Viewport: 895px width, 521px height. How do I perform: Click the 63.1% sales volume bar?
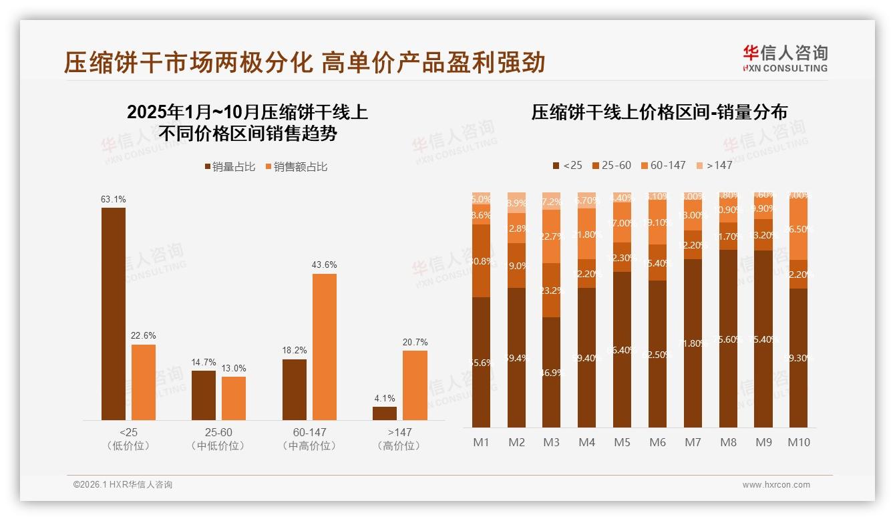(x=114, y=314)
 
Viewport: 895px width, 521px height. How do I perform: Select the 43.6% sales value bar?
(x=324, y=347)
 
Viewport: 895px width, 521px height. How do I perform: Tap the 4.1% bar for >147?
(x=385, y=413)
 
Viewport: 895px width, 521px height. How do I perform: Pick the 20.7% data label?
(x=415, y=342)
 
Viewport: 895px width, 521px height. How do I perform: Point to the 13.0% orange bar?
(x=234, y=398)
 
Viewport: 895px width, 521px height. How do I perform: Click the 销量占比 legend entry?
(x=230, y=167)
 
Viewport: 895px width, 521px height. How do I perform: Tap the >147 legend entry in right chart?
(x=714, y=165)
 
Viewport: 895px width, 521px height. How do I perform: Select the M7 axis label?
(x=693, y=442)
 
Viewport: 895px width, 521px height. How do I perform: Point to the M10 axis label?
(x=799, y=442)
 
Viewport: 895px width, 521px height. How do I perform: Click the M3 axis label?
(x=551, y=442)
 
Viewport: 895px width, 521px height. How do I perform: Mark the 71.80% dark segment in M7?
(x=693, y=343)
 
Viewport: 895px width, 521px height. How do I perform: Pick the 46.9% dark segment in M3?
(x=551, y=372)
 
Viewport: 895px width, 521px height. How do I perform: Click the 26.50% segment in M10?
(x=799, y=228)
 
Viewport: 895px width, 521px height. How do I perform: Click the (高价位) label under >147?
(x=399, y=446)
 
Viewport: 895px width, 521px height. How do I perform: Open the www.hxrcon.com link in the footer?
(x=776, y=485)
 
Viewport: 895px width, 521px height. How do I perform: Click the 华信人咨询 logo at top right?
(x=785, y=57)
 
